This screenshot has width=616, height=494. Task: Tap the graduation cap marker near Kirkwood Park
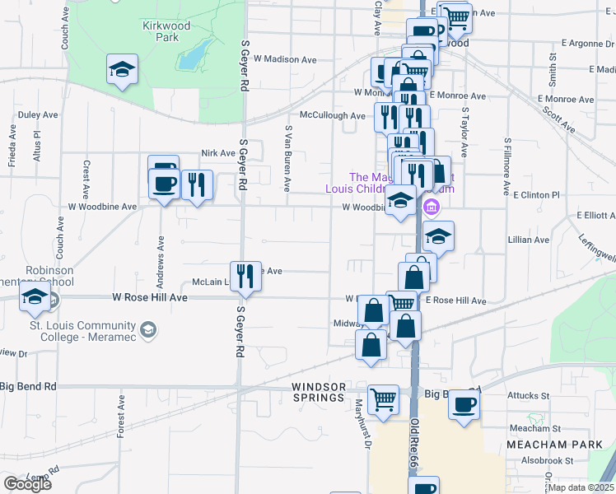click(122, 70)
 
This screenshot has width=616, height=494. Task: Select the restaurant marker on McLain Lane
click(244, 276)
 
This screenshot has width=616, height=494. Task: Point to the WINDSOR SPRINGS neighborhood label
click(318, 392)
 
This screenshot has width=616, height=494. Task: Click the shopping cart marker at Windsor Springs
click(383, 401)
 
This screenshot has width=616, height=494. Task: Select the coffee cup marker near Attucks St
click(464, 405)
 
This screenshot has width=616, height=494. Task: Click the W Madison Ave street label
click(285, 59)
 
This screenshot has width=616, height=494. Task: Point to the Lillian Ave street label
click(529, 240)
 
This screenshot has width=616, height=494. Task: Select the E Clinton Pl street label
click(536, 195)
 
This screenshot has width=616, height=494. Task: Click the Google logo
click(27, 483)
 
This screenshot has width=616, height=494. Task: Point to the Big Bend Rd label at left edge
click(28, 386)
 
